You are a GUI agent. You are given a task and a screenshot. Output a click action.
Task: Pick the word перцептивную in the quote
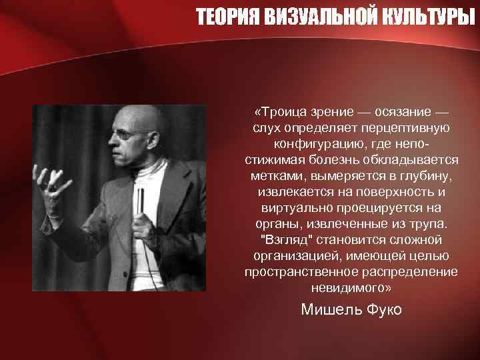pos(412,127)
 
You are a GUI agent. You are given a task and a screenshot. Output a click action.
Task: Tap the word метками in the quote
pos(277,175)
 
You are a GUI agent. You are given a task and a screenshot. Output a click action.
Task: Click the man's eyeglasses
pos(129,133)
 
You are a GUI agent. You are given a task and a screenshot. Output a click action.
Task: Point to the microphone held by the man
pos(140,199)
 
